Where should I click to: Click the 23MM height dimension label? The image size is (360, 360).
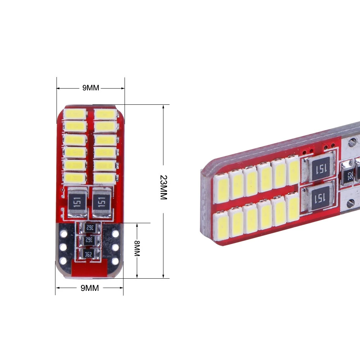pos(163,187)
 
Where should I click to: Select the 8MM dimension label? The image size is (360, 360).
pos(137,248)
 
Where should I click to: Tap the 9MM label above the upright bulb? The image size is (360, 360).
pos(91,88)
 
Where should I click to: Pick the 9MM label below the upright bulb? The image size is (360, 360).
pos(90,288)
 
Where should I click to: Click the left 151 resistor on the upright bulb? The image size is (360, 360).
pos(77,202)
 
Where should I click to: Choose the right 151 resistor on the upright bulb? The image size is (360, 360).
pos(102,202)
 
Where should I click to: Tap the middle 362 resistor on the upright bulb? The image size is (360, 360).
pos(89,240)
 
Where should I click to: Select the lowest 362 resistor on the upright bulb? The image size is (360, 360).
pos(89,254)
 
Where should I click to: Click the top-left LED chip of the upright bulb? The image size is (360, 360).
pos(75,114)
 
